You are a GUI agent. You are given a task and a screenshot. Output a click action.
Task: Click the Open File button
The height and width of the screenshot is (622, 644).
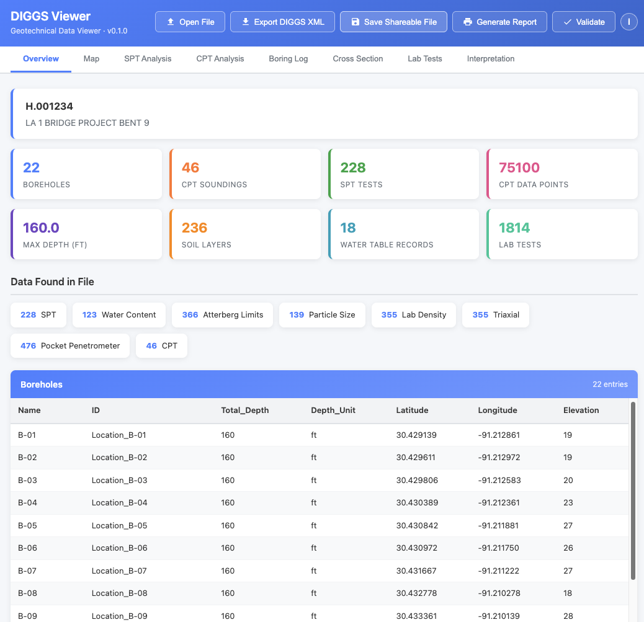pyautogui.click(x=190, y=22)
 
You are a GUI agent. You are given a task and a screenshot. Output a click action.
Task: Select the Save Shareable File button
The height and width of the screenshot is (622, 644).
pyautogui.click(x=393, y=22)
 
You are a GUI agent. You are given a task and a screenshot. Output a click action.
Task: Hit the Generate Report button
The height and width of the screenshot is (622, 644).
pyautogui.click(x=499, y=22)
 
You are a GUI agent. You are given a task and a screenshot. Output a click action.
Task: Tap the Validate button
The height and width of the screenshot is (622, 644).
pyautogui.click(x=583, y=22)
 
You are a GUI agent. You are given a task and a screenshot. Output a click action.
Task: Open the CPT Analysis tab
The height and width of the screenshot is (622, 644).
pyautogui.click(x=220, y=59)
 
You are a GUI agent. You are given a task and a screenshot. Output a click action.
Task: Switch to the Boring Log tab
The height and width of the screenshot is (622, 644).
pyautogui.click(x=288, y=59)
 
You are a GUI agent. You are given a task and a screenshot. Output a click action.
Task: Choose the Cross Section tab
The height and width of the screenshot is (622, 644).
pyautogui.click(x=358, y=59)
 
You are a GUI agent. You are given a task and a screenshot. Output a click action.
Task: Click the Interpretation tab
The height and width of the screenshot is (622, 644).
pyautogui.click(x=491, y=59)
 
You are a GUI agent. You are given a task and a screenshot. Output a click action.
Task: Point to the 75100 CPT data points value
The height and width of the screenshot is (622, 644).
pyautogui.click(x=519, y=167)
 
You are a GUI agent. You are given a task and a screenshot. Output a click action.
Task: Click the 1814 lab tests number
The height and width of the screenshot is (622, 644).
pyautogui.click(x=514, y=228)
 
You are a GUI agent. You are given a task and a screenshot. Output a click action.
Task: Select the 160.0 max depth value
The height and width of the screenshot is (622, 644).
pyautogui.click(x=41, y=228)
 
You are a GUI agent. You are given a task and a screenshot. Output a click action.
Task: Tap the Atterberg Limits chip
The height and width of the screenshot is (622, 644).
pyautogui.click(x=222, y=314)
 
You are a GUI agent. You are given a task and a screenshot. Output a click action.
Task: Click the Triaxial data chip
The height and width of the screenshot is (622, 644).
pyautogui.click(x=496, y=314)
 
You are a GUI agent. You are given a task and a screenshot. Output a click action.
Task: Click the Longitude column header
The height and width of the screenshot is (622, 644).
pyautogui.click(x=498, y=410)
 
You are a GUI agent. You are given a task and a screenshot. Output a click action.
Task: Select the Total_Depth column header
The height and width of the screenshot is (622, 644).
pyautogui.click(x=245, y=410)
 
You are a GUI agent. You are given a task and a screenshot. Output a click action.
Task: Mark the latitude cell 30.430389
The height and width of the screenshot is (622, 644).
pyautogui.click(x=417, y=502)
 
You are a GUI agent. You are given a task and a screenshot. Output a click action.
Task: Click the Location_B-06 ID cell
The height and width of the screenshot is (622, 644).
pyautogui.click(x=120, y=548)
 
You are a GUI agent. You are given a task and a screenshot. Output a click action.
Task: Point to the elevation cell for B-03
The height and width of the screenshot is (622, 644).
pyautogui.click(x=568, y=480)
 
